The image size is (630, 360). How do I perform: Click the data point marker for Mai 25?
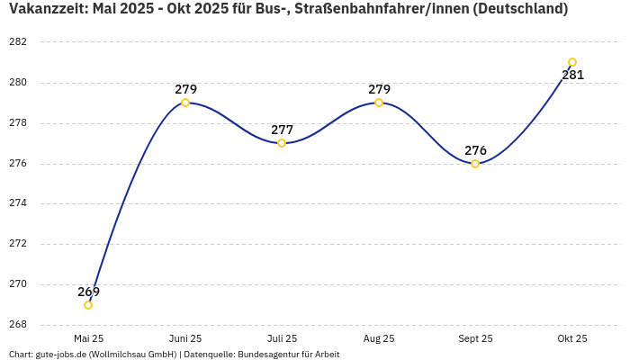[x=88, y=305]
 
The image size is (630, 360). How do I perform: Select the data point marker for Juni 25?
[x=185, y=103]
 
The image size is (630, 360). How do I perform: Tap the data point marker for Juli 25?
[x=282, y=143]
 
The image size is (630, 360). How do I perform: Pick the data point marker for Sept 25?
[x=475, y=164]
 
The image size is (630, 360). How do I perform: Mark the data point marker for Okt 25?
[x=572, y=62]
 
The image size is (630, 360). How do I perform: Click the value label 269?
[x=88, y=292]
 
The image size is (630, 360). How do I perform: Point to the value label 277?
[x=282, y=130]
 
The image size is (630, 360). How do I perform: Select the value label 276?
[x=475, y=150]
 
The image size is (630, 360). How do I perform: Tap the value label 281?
[x=572, y=75]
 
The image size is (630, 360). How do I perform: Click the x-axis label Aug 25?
[x=379, y=338]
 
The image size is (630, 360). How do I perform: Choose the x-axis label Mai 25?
[x=88, y=338]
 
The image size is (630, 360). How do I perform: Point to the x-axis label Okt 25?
[x=572, y=338]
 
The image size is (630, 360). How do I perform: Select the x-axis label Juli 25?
[x=282, y=338]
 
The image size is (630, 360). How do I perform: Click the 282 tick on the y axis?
[x=18, y=42]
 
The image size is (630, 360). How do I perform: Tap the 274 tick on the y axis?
[x=18, y=203]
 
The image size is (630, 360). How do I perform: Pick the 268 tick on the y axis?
[x=18, y=325]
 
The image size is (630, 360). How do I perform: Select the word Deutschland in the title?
[x=521, y=9]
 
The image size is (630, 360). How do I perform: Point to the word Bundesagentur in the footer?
[x=265, y=355]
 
